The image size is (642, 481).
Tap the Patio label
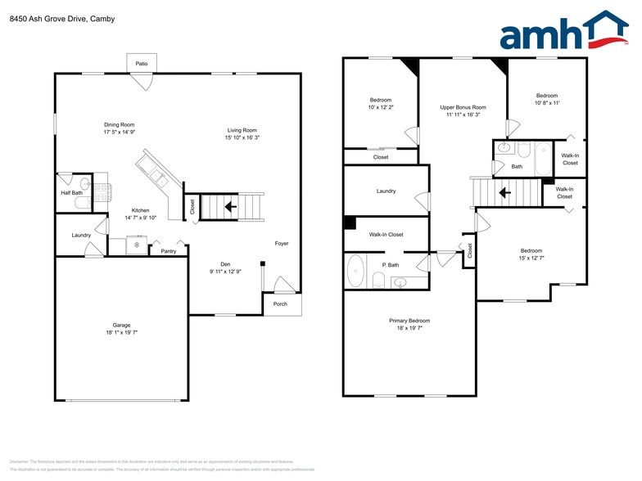(141, 63)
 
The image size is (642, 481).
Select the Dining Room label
(119, 124)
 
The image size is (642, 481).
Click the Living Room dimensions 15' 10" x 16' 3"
(242, 137)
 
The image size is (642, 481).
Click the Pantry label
(169, 251)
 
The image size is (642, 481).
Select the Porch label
(281, 304)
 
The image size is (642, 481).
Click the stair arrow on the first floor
(233, 206)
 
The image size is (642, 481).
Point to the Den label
(226, 263)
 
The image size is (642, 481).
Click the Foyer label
(281, 243)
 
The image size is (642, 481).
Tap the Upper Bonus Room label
(463, 107)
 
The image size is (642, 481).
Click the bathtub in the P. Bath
(355, 271)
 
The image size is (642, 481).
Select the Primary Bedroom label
(409, 321)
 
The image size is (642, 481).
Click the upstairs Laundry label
(386, 191)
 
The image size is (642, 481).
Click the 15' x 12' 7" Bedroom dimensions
(531, 258)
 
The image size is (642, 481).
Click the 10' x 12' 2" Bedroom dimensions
(381, 107)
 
